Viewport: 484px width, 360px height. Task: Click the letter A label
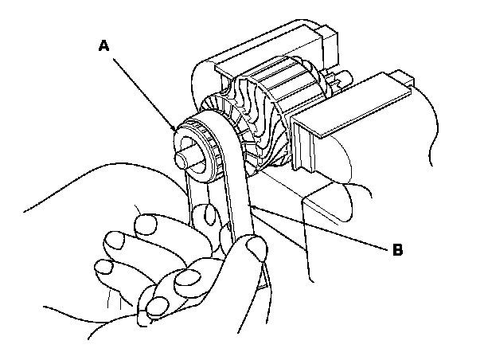coord(103,47)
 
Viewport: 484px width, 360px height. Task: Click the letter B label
coord(397,249)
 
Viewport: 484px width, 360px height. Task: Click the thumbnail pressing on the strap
coord(256,248)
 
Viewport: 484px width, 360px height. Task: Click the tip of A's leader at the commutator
coord(175,127)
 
